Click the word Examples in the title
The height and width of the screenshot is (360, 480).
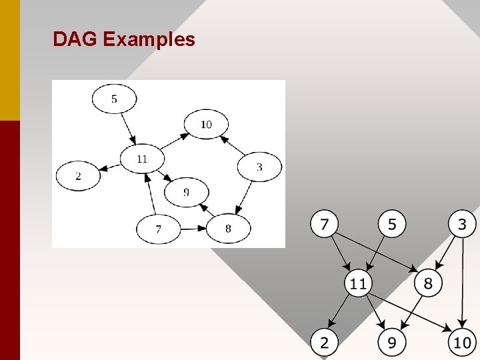pos(149,40)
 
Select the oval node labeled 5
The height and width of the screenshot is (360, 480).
pos(114,99)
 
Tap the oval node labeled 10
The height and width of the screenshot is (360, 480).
pos(206,125)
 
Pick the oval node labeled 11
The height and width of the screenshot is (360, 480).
pos(141,159)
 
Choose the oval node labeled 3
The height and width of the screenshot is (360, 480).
pos(259,167)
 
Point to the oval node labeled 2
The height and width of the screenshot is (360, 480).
pos(78,176)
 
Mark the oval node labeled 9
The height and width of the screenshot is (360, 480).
pos(186,193)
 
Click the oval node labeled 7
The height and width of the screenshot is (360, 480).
pos(158,229)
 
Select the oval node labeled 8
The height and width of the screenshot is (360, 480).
pos(228,229)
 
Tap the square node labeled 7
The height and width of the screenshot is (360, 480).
pos(324,224)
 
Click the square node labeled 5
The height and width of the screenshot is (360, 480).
pos(392,224)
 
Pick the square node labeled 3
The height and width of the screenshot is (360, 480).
pos(462,224)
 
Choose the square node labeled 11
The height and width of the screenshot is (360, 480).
pos(358,283)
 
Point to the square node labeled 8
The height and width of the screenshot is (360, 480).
pos(427,283)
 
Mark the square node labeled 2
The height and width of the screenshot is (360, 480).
pos(324,343)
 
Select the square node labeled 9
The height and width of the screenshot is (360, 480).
pos(392,343)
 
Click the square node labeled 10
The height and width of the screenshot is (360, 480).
pos(462,343)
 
